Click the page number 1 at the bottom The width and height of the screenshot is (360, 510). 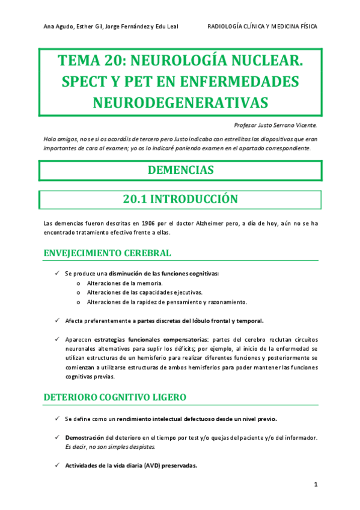pyautogui.click(x=316, y=484)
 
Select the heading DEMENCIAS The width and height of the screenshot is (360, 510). pyautogui.click(x=180, y=170)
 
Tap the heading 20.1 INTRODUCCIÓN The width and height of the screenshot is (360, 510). pyautogui.click(x=180, y=199)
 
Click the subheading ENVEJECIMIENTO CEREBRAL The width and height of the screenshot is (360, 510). pyautogui.click(x=108, y=253)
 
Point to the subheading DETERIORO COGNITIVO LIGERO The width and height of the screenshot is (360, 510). pyautogui.click(x=115, y=398)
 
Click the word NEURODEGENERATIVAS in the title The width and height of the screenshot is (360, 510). pyautogui.click(x=180, y=102)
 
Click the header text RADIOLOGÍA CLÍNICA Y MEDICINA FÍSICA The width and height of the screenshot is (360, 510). pyautogui.click(x=262, y=26)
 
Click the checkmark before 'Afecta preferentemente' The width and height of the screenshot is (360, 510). pyautogui.click(x=56, y=321)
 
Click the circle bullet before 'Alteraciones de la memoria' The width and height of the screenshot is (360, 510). pyautogui.click(x=80, y=283)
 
